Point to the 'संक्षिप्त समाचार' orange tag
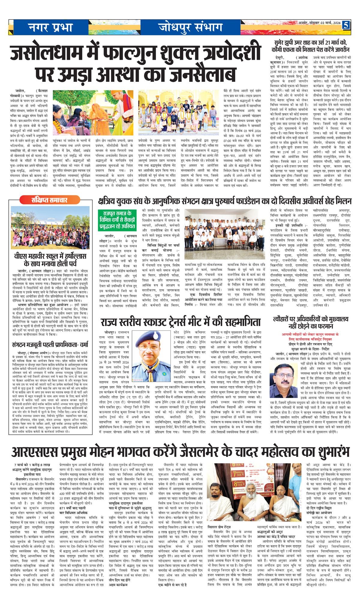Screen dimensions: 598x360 tap(50, 200)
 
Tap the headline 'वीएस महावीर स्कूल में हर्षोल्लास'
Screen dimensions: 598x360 tap(50, 260)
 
